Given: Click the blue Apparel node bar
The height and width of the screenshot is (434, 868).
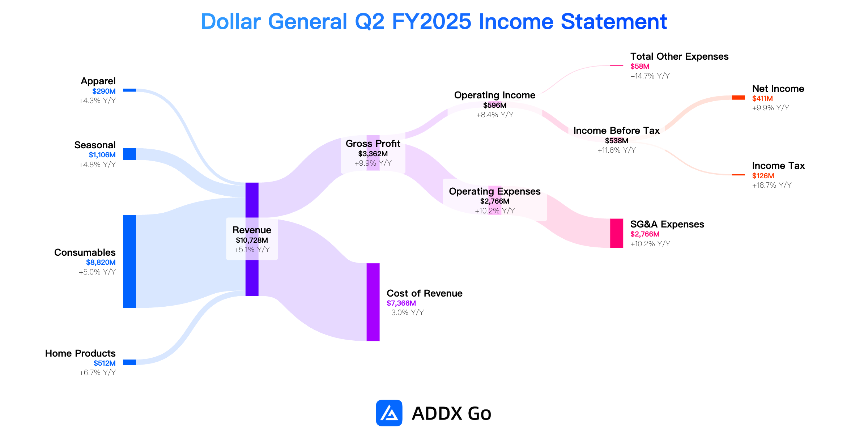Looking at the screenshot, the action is click(129, 90).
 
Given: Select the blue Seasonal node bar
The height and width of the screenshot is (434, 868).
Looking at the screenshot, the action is click(129, 154).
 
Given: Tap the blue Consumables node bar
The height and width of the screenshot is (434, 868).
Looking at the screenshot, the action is click(129, 261).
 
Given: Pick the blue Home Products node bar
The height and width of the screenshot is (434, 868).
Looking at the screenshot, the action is click(129, 362).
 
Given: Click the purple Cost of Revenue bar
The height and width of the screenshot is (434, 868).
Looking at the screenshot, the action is click(373, 302).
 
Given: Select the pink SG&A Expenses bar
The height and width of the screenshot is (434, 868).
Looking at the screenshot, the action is click(617, 233).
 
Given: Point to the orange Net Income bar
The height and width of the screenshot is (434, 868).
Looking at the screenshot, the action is click(739, 98).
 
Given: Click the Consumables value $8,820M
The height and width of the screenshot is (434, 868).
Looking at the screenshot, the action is click(101, 262).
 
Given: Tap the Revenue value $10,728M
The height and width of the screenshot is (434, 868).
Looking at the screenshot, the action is click(252, 240).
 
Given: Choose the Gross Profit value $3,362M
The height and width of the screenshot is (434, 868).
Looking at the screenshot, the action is click(373, 154).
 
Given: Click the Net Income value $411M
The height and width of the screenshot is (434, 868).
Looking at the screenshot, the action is click(762, 98).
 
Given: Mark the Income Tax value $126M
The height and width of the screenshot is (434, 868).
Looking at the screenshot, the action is click(763, 176).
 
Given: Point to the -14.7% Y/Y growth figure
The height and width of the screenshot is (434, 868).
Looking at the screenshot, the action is click(650, 76).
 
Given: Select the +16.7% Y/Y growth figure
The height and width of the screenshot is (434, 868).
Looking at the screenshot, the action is click(772, 185).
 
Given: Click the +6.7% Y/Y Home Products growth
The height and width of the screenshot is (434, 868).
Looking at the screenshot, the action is click(98, 373).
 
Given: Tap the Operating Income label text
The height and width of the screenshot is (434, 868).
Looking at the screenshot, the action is click(495, 95).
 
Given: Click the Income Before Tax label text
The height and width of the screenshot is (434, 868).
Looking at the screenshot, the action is click(617, 131).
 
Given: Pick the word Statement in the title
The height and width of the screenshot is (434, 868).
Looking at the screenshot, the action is click(614, 21).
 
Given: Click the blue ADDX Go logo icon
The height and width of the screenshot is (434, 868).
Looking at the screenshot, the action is click(389, 413).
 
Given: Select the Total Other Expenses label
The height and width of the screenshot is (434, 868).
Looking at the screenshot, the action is click(680, 56).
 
